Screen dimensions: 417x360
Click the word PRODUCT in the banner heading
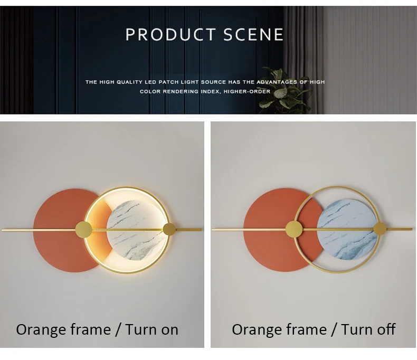pos(170,34)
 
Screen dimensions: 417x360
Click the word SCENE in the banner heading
pos(253,34)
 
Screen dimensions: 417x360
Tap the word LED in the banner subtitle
pos(150,82)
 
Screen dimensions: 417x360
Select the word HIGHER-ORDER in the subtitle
pos(247,91)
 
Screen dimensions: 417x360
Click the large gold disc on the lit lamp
pos(84,230)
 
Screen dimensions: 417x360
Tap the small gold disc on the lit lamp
pos(169,229)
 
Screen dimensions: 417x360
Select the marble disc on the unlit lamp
pos(347,229)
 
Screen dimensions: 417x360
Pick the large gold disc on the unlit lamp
pos(294,229)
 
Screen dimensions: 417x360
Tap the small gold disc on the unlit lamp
pos(380,229)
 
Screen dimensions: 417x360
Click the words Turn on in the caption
pos(151,329)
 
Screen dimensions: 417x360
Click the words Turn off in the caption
pos(368,329)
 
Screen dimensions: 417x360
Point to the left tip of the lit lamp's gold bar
pos(2,230)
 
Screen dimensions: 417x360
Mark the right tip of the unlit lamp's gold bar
pos(412,229)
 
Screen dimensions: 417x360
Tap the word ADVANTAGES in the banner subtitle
pos(277,82)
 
